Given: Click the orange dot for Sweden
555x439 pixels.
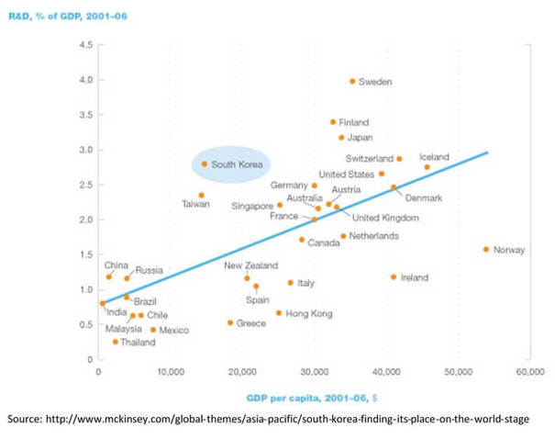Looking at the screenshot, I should coord(352,81).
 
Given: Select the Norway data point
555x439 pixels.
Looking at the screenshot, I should coord(486,249).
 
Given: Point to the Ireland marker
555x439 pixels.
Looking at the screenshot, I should coord(394,276).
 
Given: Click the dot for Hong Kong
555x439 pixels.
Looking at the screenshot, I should coord(279,313).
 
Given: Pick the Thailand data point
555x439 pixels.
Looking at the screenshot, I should coord(116,342).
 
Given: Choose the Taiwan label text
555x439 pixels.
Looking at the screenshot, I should coord(196,204).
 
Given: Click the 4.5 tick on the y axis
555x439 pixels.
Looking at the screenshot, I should coord(85,45).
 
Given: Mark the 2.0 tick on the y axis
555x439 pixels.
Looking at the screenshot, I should coord(85,219).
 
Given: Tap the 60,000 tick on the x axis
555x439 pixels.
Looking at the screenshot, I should coord(529,372).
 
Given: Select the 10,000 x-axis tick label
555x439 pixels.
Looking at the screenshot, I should coord(170,372).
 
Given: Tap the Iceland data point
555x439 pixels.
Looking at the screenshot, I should coord(427,167).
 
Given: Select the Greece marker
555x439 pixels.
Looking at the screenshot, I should coord(230,322).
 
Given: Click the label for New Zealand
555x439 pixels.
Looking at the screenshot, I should coord(250,265).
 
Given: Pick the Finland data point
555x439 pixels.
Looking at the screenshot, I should coord(333,121).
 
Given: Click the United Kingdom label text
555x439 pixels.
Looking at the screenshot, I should coord(385,218).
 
